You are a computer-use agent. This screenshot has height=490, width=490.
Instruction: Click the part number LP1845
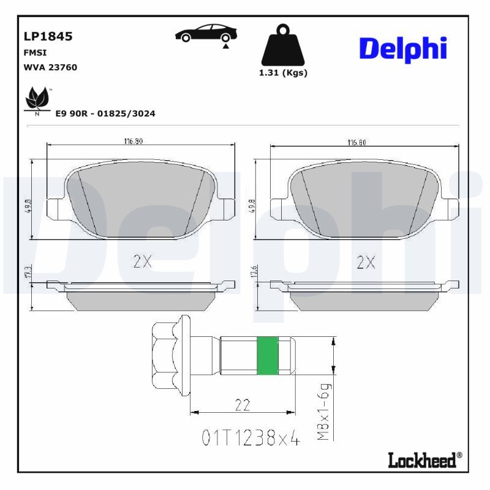tap(48, 36)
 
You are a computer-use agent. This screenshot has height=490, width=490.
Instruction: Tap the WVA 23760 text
tap(50, 67)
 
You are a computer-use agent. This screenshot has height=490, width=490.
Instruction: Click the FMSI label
tap(35, 53)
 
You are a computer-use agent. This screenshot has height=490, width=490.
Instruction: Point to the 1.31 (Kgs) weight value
tap(282, 72)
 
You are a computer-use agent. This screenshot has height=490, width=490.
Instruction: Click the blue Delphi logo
tap(402, 48)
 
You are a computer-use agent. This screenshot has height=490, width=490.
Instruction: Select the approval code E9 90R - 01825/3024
tap(105, 113)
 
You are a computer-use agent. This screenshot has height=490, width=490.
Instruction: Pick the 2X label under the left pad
tap(142, 262)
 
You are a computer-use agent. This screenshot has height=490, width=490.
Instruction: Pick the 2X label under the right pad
tap(366, 262)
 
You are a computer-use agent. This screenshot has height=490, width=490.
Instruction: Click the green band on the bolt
tap(267, 356)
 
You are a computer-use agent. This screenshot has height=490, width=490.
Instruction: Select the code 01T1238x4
tap(251, 439)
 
